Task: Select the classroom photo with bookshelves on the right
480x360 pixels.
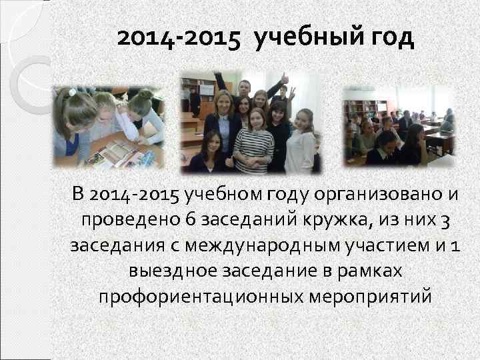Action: (399, 125)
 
